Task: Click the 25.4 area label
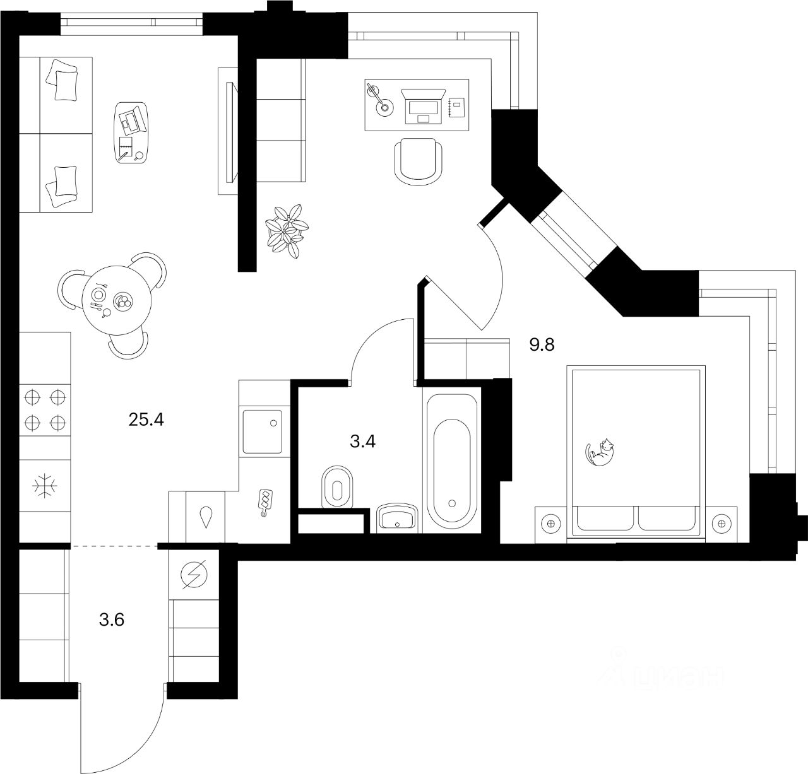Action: pos(146,419)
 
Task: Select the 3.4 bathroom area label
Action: pos(363,441)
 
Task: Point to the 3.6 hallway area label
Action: pos(111,620)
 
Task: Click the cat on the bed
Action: pos(601,452)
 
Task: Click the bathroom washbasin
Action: pos(396,519)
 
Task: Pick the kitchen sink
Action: pos(261,431)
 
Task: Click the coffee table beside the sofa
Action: pos(133,132)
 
